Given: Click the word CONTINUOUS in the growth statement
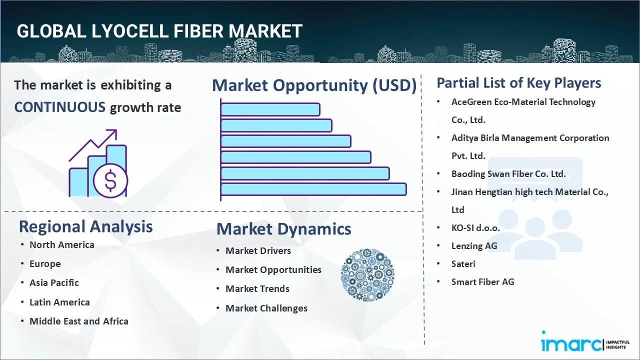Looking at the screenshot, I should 59,107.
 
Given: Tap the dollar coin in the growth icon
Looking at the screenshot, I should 110,181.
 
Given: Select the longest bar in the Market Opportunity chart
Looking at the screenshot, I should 313,189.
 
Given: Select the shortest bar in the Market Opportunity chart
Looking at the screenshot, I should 270,109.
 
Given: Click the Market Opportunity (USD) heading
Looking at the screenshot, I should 314,85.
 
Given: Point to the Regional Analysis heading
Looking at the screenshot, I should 85,226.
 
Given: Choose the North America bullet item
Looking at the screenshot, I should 61,244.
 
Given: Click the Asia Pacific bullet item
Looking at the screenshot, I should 54,282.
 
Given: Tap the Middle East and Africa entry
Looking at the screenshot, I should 78,321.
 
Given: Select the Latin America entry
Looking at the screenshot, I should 59,302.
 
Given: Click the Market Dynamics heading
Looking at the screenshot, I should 283,229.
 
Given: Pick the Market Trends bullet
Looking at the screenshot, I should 257,288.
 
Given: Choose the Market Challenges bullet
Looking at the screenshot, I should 266,308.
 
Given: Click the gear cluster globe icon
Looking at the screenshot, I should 367,275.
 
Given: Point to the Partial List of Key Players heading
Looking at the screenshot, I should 518,83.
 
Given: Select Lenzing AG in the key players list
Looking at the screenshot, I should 474,245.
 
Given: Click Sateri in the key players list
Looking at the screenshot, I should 463,263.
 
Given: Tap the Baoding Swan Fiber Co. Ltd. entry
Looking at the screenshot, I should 508,173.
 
